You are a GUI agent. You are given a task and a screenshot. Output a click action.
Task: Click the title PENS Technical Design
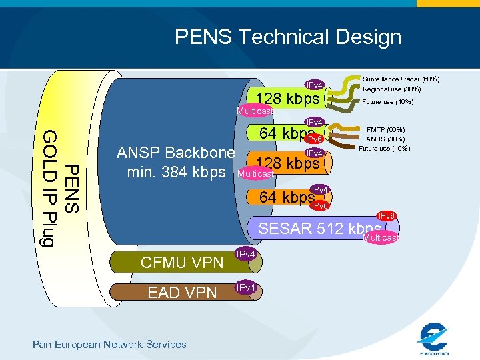(x=288, y=37)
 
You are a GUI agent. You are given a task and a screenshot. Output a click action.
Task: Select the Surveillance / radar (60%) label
(x=400, y=79)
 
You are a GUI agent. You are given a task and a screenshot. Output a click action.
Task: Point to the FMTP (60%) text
(x=386, y=129)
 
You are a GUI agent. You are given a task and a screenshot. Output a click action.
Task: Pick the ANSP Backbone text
(x=175, y=153)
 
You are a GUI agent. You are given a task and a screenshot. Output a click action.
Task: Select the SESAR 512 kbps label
(x=319, y=229)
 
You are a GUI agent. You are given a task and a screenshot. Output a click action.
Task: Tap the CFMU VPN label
(x=182, y=262)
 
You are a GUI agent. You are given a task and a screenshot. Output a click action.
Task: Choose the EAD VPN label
(x=182, y=292)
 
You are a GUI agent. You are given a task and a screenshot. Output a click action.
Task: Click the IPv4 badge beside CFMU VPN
(x=246, y=255)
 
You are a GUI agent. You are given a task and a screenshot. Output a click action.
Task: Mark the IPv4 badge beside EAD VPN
(x=246, y=287)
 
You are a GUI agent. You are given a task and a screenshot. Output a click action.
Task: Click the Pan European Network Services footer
(x=110, y=344)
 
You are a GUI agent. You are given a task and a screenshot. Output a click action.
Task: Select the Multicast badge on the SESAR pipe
(x=381, y=238)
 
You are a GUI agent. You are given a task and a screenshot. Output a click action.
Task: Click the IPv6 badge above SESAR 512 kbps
(x=387, y=216)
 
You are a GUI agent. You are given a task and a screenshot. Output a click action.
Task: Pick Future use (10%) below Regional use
(x=388, y=102)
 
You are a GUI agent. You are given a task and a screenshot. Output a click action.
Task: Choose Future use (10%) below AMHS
(x=384, y=148)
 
